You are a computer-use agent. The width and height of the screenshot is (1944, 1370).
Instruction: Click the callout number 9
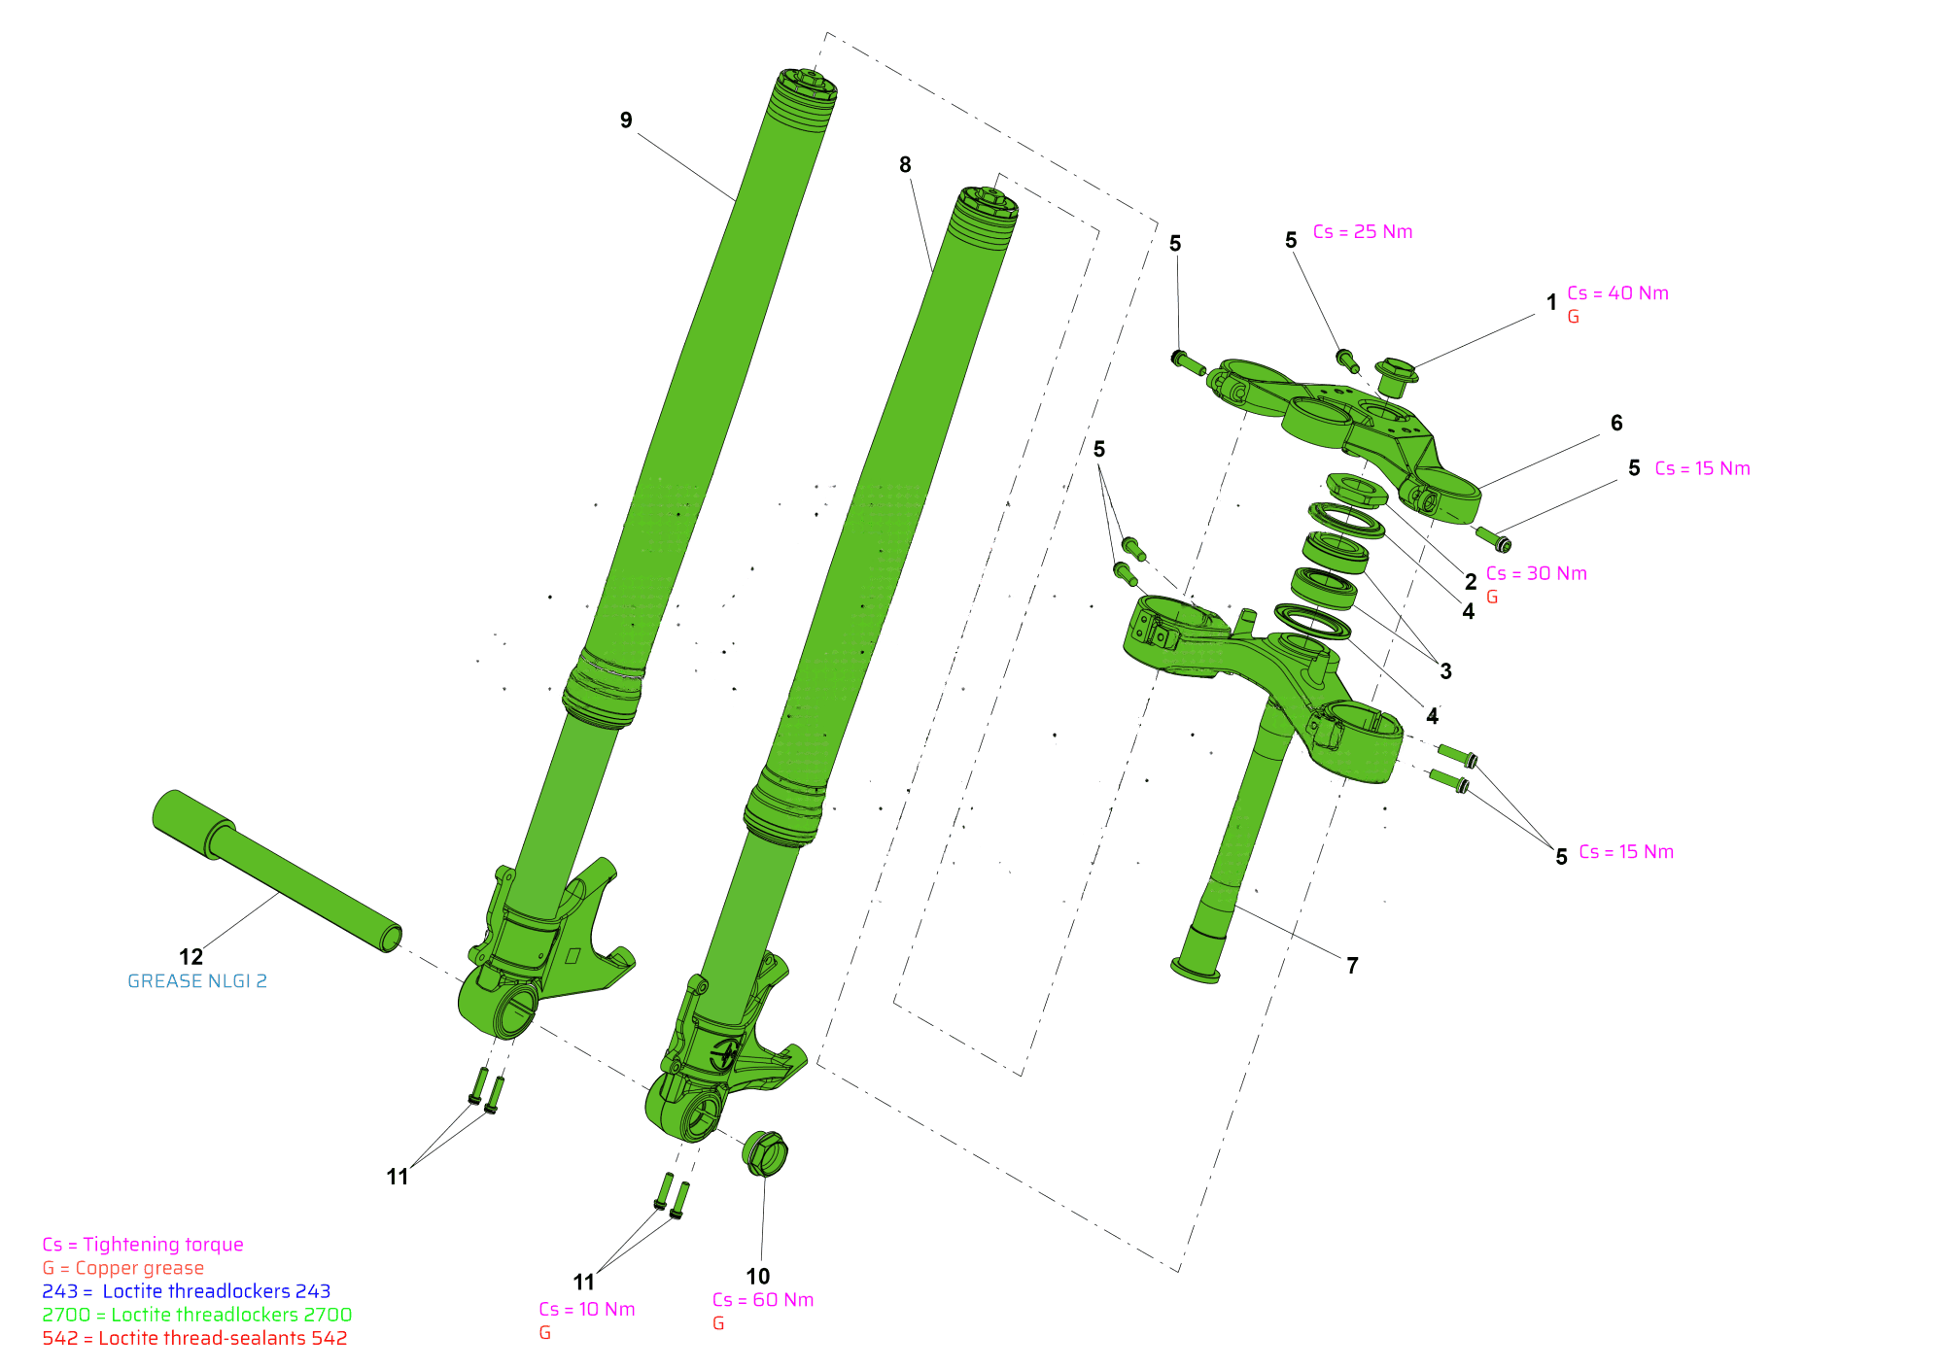click(x=626, y=120)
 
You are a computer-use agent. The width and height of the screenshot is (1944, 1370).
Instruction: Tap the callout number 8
click(x=905, y=165)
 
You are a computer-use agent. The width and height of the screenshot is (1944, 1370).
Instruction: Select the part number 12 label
click(x=191, y=957)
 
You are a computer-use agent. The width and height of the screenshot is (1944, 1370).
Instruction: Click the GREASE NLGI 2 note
click(x=197, y=981)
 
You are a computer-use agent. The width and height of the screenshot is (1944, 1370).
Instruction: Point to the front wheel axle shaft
click(x=277, y=871)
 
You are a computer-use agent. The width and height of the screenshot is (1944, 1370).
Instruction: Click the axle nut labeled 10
click(x=765, y=1153)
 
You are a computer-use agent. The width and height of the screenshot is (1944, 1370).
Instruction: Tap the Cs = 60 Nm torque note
click(x=763, y=1300)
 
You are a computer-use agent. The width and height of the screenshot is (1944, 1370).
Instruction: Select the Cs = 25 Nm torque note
click(x=1363, y=232)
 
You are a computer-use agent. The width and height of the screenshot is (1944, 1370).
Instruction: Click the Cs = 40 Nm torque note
click(x=1617, y=293)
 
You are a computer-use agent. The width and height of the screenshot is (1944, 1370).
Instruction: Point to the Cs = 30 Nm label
click(x=1537, y=574)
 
